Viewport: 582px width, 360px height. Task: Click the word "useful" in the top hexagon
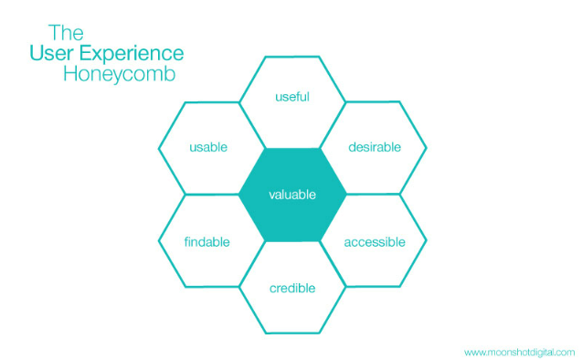pos(292,97)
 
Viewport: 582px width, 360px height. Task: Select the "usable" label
pos(208,146)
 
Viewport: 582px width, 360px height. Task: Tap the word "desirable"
pos(375,146)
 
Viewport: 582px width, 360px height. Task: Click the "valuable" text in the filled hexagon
pos(292,195)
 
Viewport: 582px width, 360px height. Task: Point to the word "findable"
pos(206,242)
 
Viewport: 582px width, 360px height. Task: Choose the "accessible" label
pos(374,242)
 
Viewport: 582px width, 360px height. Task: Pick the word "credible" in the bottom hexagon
pos(292,289)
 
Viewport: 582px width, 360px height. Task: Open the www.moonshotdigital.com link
pos(518,352)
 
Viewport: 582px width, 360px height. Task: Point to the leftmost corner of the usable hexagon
pos(158,146)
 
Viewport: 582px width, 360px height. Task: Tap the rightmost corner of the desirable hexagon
pos(427,146)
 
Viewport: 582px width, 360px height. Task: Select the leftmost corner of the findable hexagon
pos(158,242)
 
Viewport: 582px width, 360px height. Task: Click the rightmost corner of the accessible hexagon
pos(427,242)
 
